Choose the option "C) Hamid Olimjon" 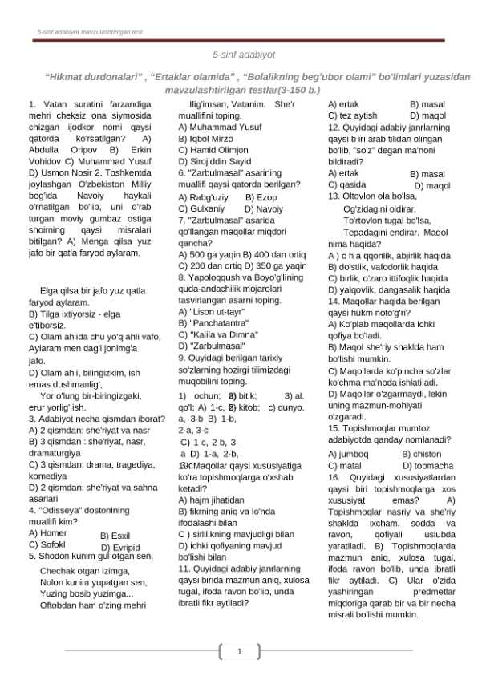click(213, 150)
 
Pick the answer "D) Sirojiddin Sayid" click(214, 161)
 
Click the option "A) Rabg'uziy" click(203, 196)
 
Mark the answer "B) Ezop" click(261, 196)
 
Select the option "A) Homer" click(47, 532)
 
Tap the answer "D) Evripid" click(120, 548)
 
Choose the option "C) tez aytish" click(352, 115)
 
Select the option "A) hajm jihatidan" click(211, 499)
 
